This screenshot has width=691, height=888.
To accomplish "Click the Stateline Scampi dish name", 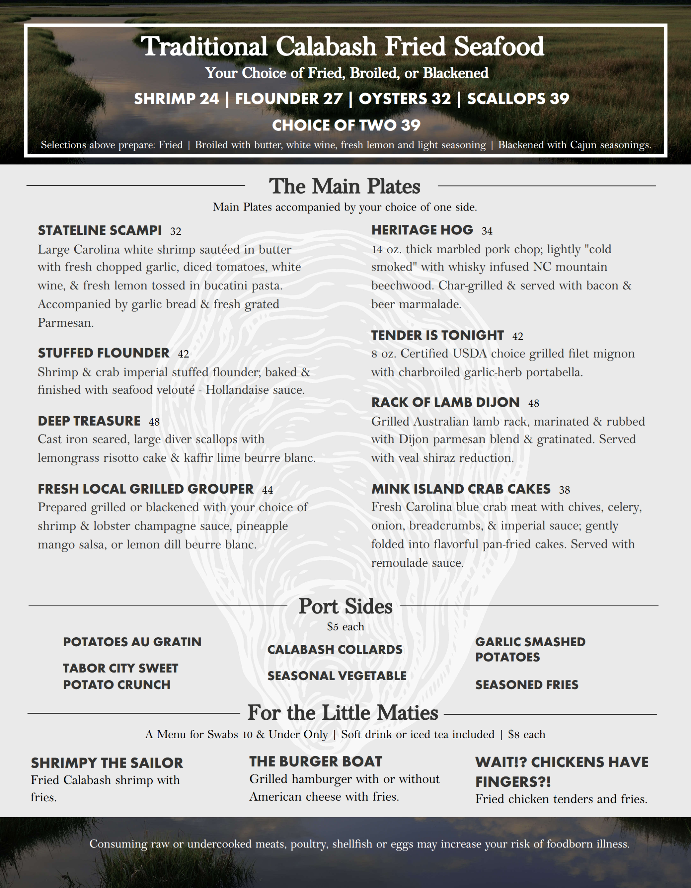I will (x=100, y=231).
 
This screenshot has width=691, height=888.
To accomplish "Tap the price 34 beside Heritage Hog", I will (x=487, y=231).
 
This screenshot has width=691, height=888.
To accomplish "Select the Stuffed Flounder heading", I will (x=103, y=353).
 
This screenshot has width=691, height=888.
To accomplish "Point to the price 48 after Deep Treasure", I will (x=154, y=422).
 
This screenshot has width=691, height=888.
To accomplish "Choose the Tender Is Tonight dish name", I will (x=437, y=335).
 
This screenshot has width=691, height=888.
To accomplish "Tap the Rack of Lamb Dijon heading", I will (x=445, y=402).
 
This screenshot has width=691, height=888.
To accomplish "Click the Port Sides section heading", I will (x=345, y=606).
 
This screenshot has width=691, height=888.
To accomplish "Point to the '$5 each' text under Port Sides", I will (x=345, y=626).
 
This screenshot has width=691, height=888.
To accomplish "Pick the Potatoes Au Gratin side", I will (x=132, y=642).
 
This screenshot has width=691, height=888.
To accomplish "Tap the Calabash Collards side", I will (x=335, y=650).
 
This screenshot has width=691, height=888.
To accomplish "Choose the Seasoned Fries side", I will (x=527, y=685).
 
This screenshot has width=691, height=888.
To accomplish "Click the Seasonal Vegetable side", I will (x=337, y=676).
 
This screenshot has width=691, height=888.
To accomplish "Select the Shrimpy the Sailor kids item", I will (x=107, y=763).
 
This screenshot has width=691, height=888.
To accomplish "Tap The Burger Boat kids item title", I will (x=315, y=761).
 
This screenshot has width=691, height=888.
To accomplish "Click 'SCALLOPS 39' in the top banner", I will (x=518, y=99).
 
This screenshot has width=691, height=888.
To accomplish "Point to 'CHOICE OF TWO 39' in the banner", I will (x=346, y=125).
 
